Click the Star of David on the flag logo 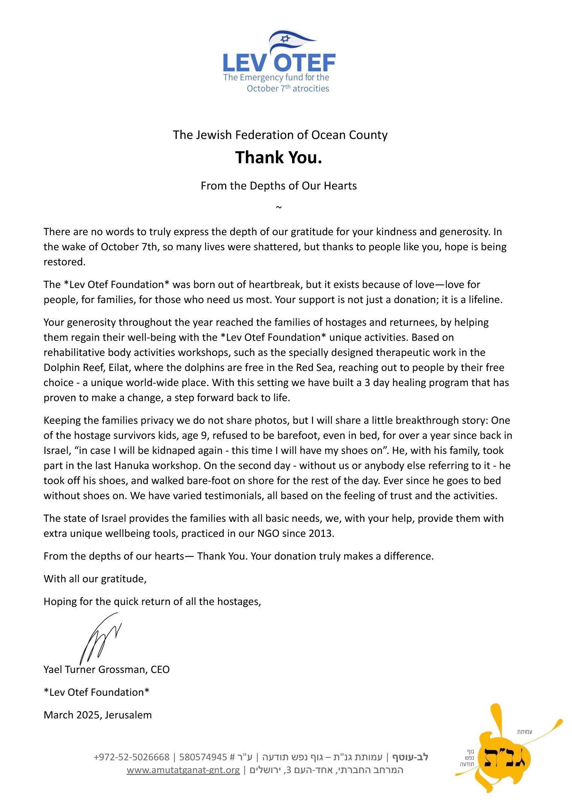[x=285, y=39]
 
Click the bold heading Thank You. [x=278, y=158]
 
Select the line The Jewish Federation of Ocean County [x=280, y=135]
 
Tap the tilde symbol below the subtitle [x=278, y=207]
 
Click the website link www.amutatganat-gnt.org [x=183, y=770]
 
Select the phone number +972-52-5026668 [x=132, y=757]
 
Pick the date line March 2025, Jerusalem [x=98, y=715]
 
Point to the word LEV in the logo [x=244, y=63]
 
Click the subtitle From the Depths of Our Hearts [x=278, y=186]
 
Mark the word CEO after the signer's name [x=160, y=670]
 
